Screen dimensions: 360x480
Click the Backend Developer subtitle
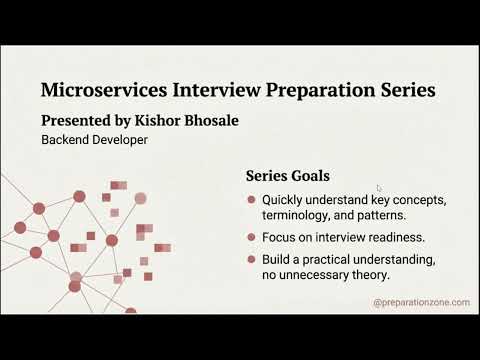point(94,141)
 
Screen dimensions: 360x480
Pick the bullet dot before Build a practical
point(251,259)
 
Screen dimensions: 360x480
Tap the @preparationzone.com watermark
point(420,302)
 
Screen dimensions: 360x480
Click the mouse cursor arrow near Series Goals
point(379,188)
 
